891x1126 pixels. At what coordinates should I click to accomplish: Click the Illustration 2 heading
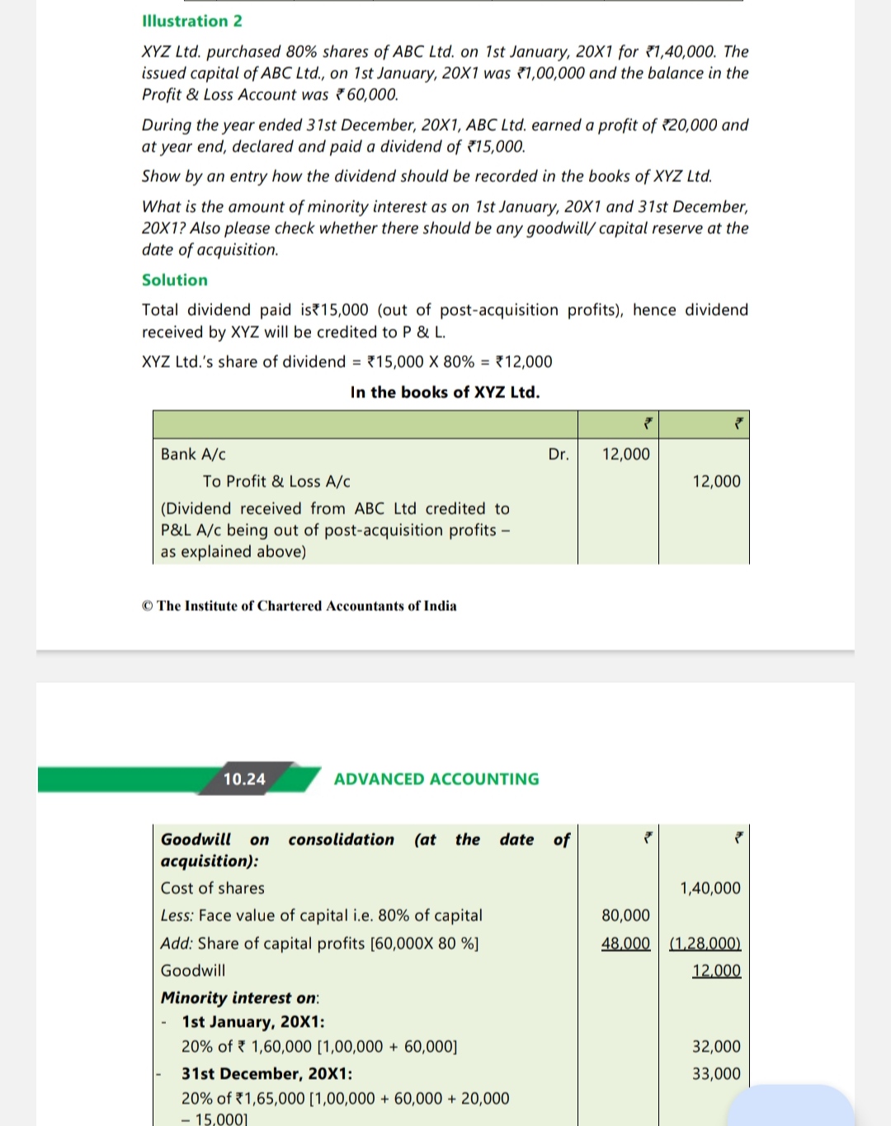coord(192,21)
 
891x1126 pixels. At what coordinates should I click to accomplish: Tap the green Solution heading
coord(175,280)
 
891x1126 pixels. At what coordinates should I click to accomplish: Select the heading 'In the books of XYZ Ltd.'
coord(445,392)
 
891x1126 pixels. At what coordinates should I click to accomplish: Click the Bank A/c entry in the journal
coord(193,454)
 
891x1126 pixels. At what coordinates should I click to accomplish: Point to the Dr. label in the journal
coord(559,454)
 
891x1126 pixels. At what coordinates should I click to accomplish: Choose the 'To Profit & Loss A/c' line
coord(276,481)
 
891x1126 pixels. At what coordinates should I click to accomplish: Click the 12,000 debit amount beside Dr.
coord(625,454)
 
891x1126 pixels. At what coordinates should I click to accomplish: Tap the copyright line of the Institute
coord(299,605)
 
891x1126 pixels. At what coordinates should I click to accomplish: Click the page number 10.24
coord(244,779)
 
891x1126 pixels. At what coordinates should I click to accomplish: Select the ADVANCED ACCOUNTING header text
coord(436,779)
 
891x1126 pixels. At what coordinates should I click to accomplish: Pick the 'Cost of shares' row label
coord(213,888)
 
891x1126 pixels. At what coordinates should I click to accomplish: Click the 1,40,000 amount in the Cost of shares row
coord(709,888)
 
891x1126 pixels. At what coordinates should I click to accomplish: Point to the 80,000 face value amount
coord(625,915)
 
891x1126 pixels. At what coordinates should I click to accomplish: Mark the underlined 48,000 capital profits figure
coord(625,943)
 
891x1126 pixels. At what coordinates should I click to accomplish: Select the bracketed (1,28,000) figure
coord(705,943)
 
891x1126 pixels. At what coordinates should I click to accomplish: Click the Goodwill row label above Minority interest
coord(193,970)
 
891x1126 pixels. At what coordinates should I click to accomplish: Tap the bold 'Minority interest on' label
coord(239,997)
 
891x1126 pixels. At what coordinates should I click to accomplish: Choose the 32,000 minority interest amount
coord(716,1046)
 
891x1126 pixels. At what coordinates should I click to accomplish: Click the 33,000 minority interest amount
coord(716,1073)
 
